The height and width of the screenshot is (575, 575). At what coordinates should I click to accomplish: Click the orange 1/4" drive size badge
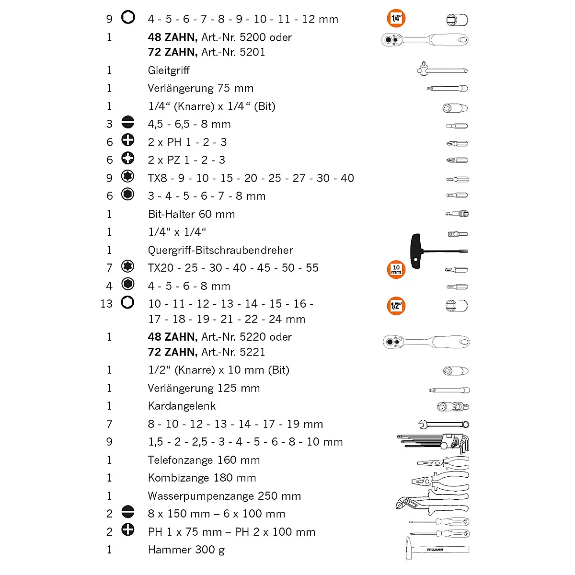click(x=396, y=19)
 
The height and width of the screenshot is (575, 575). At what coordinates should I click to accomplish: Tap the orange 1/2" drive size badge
click(x=396, y=306)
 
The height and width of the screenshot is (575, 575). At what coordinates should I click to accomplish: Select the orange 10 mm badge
click(x=396, y=269)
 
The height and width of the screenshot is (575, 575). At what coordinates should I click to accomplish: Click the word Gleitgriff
click(x=169, y=70)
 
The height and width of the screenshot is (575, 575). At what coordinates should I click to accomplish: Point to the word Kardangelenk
click(x=182, y=406)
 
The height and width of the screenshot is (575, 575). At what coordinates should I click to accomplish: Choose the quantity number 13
click(x=106, y=304)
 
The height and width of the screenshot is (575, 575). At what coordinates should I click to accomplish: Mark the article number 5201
click(x=252, y=52)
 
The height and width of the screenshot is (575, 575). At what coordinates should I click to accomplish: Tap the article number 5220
click(x=252, y=337)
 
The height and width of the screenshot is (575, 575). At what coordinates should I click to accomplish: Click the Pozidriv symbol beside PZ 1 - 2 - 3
click(x=128, y=158)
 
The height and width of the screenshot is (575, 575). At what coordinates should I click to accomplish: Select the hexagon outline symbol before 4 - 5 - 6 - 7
click(x=128, y=18)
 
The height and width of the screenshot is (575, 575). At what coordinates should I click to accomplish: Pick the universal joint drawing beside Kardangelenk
click(x=453, y=407)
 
